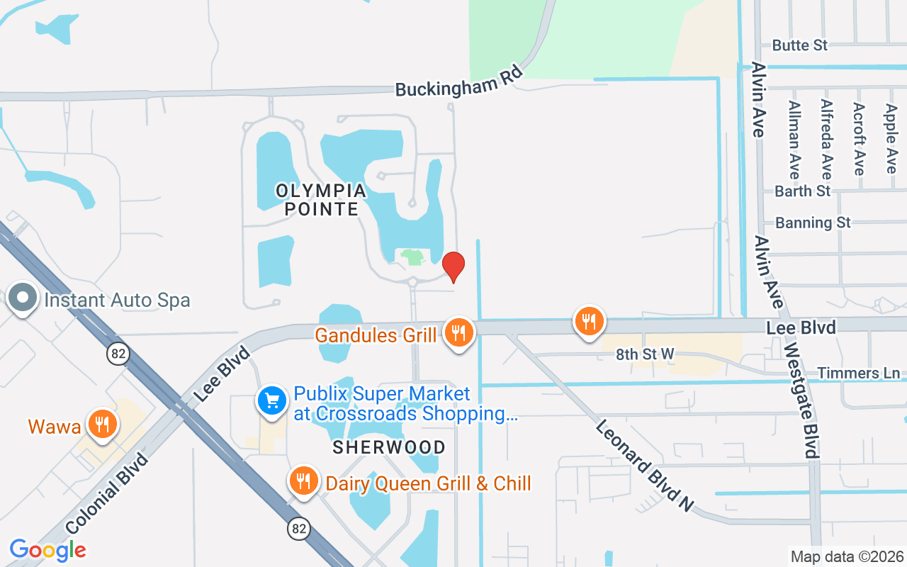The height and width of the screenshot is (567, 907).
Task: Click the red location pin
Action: click(453, 266)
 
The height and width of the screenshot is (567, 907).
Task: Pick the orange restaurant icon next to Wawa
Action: click(103, 425)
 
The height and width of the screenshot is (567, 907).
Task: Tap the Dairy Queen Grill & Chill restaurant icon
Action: click(303, 481)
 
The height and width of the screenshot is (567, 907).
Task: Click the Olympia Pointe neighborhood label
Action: click(321, 200)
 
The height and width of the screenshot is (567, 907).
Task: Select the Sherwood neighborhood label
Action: click(389, 447)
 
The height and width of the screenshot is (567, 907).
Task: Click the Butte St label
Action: click(800, 45)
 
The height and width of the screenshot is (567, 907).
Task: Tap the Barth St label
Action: click(802, 191)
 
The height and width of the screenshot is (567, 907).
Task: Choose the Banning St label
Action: click(813, 223)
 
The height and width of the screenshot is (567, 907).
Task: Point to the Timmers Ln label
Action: click(858, 373)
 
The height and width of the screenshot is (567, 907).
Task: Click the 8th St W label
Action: click(646, 354)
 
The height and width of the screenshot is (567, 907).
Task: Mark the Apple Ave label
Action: click(891, 138)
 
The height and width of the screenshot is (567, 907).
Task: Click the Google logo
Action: click(47, 550)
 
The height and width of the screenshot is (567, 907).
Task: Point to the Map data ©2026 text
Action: click(847, 556)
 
